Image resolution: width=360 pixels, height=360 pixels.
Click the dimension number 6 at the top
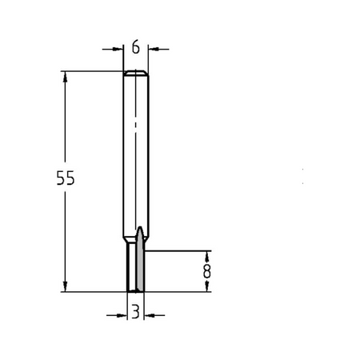[x=136, y=48]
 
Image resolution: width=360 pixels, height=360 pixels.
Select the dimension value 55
[x=66, y=178]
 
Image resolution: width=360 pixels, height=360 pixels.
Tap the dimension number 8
[x=206, y=271]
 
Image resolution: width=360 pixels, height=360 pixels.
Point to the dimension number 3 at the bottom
[x=136, y=312]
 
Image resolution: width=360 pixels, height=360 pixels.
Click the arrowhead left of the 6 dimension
[x=117, y=49]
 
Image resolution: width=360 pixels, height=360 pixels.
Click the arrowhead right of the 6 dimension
[x=154, y=49]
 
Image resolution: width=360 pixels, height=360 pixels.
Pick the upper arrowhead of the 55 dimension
[x=65, y=77]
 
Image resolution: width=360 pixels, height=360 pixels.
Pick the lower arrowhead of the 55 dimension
[x=65, y=286]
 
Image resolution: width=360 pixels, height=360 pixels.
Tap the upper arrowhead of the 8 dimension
[x=206, y=257]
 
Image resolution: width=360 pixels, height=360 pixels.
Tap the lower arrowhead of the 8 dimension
[x=206, y=286]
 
